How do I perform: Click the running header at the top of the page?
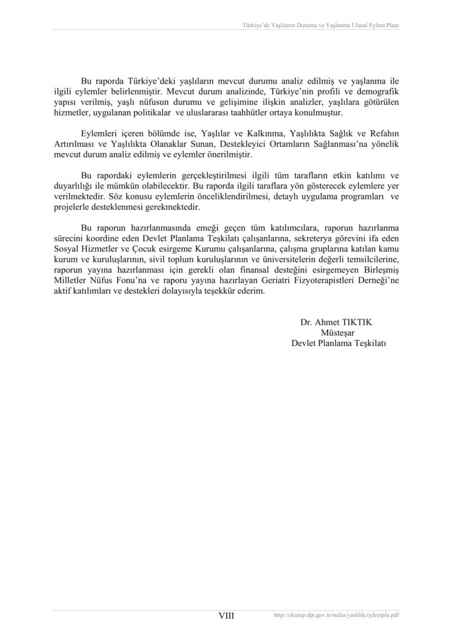click(320, 26)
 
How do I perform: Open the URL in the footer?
click(337, 616)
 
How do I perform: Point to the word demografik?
click(376, 91)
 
